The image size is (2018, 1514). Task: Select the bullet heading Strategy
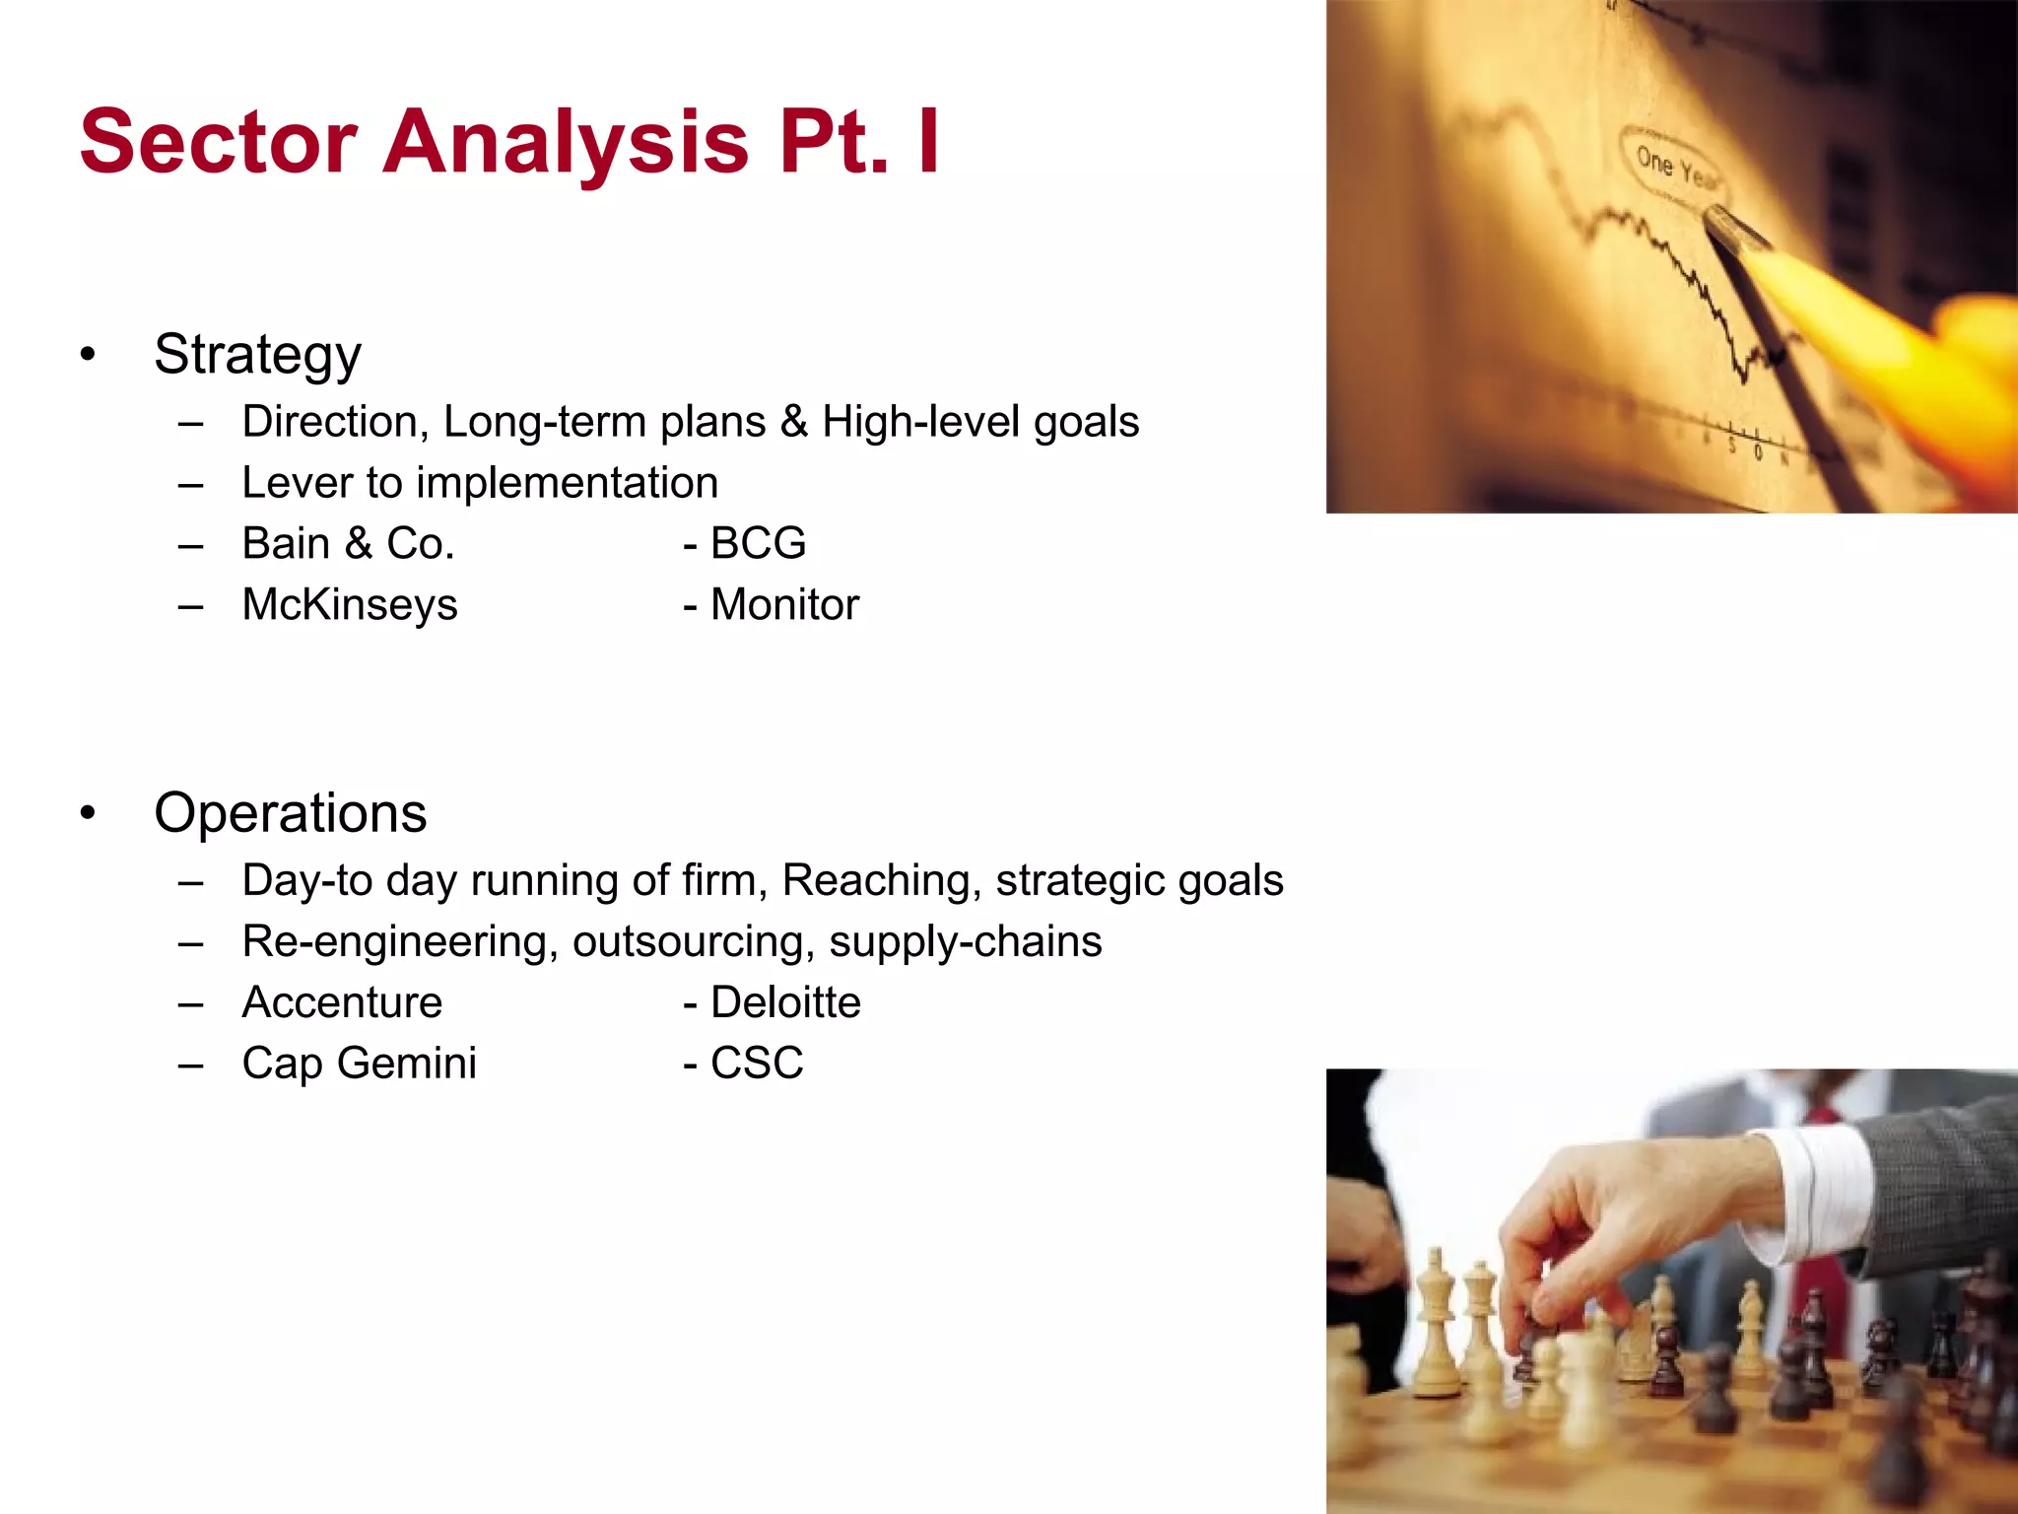coord(257,354)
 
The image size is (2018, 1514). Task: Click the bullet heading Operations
coord(290,813)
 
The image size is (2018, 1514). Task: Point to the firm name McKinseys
coord(350,604)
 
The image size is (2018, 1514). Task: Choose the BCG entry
coord(758,543)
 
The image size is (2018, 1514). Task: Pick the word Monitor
coord(784,604)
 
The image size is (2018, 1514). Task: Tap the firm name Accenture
coord(342,1002)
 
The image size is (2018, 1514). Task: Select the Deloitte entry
coord(785,1002)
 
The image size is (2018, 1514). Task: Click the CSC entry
coord(757,1063)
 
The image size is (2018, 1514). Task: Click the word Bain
coord(286,543)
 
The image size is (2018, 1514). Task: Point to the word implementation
coord(567,483)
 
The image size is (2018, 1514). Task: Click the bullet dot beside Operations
coord(89,813)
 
